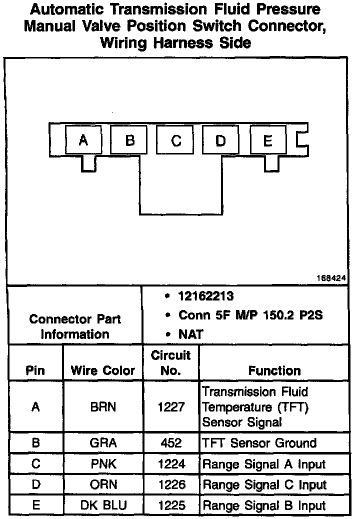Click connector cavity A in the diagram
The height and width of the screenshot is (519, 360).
tap(83, 140)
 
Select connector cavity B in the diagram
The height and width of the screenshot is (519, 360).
tap(129, 140)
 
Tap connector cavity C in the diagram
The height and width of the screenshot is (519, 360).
tap(175, 140)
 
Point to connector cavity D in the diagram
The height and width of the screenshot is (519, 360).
tap(220, 140)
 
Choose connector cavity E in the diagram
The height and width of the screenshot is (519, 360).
tap(267, 140)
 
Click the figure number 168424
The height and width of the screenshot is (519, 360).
tap(331, 278)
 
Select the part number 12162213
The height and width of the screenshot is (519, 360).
tap(205, 296)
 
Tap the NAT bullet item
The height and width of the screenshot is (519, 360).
tap(190, 334)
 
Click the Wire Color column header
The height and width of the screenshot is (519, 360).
tap(103, 370)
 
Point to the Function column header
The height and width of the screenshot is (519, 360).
tap(274, 370)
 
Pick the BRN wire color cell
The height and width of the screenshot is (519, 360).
tap(103, 406)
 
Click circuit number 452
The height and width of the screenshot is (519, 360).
tap(171, 443)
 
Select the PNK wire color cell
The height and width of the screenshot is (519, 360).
tap(103, 464)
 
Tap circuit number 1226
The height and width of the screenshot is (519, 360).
tap(171, 484)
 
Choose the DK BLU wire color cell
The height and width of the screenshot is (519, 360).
tap(103, 505)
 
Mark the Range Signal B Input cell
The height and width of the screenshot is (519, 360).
tap(264, 505)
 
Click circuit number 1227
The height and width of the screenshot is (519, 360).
tap(171, 406)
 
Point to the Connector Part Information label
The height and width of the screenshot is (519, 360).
tap(75, 326)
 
